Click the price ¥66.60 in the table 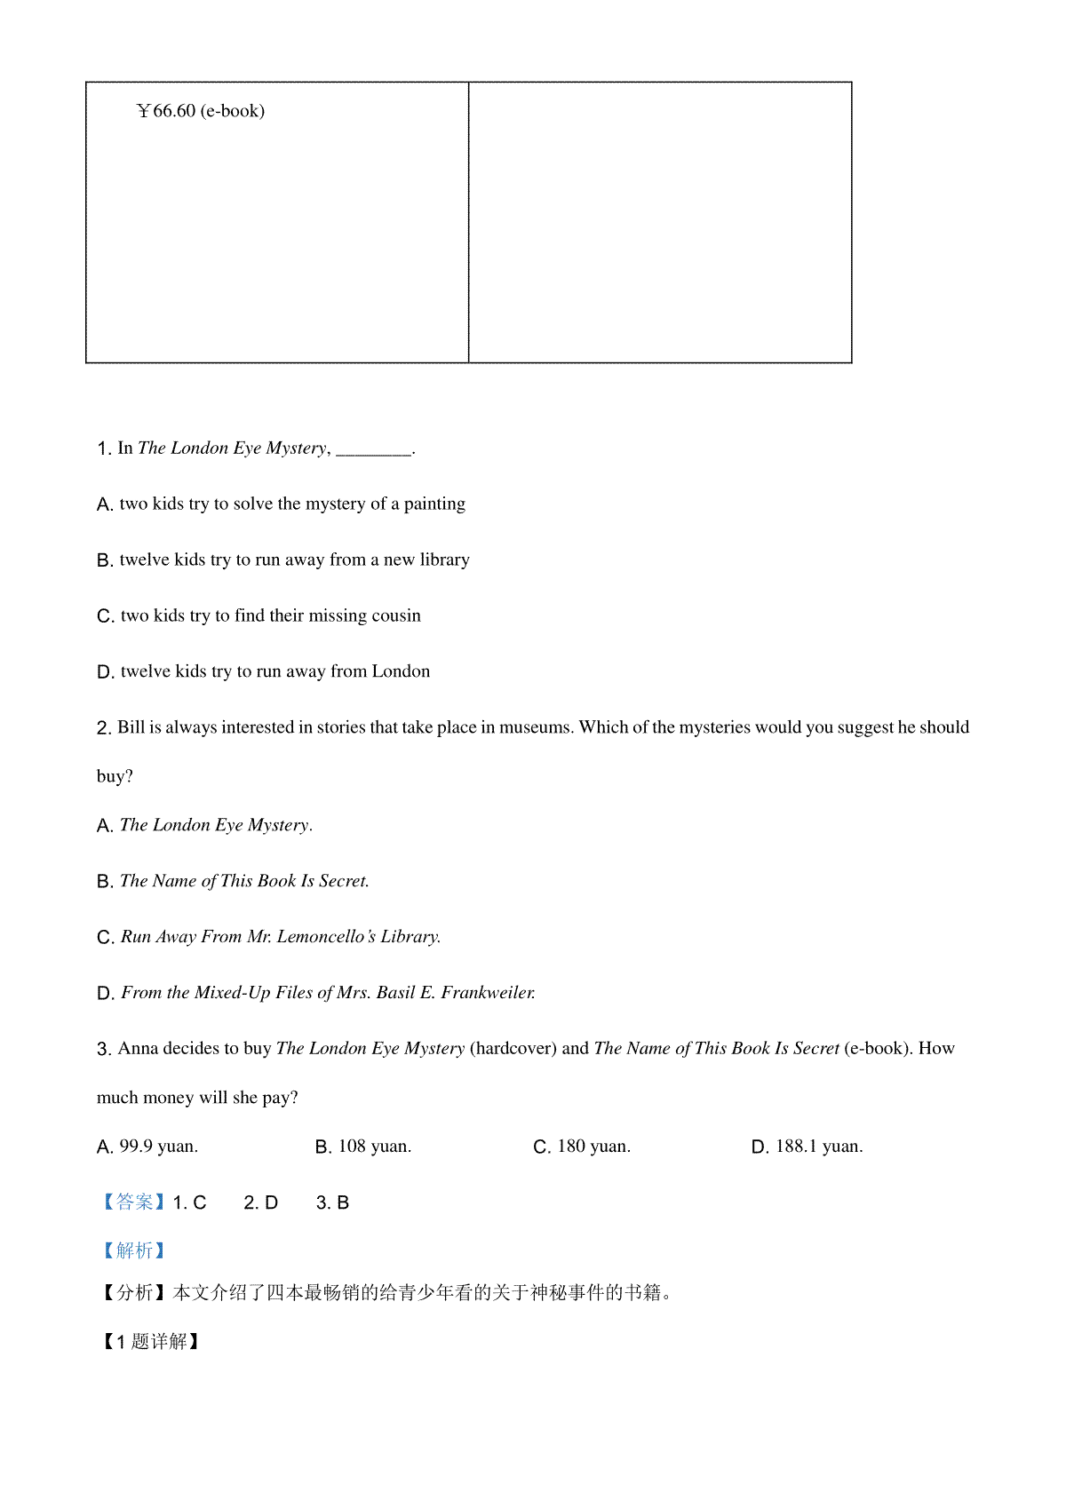click(166, 111)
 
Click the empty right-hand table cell click(659, 222)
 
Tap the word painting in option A click(434, 504)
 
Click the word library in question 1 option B click(444, 560)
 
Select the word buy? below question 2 click(115, 777)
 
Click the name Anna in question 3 click(138, 1050)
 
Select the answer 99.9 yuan click(158, 1147)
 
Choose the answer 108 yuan click(374, 1147)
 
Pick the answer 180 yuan click(593, 1147)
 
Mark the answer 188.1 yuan click(818, 1147)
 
